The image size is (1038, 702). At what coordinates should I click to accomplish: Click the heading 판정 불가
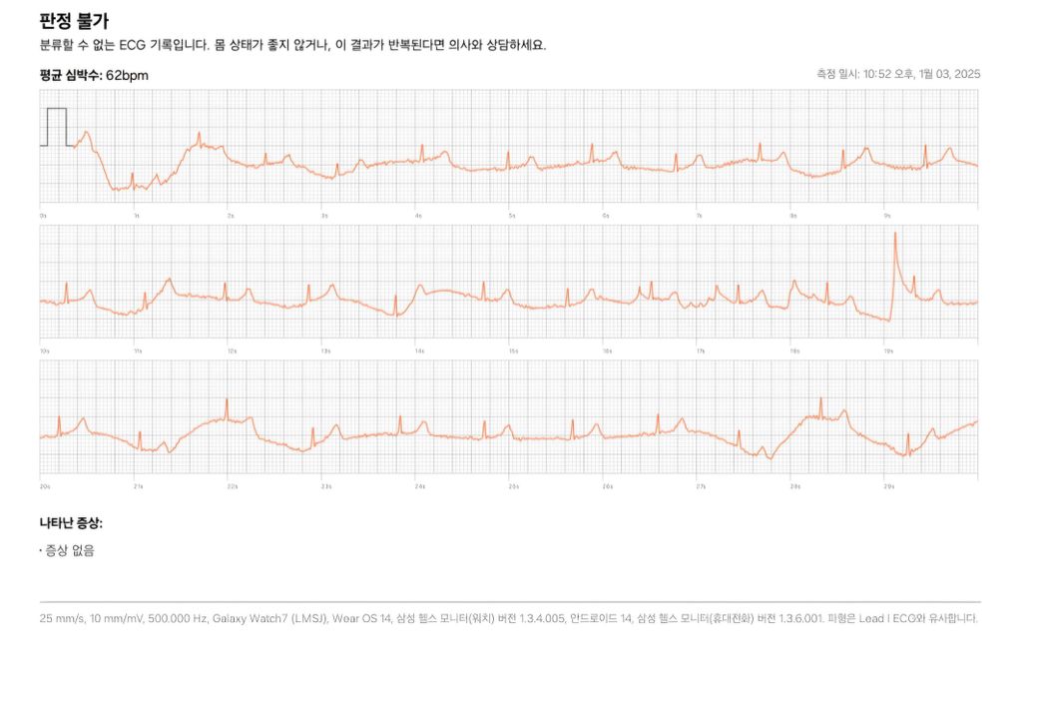click(x=74, y=20)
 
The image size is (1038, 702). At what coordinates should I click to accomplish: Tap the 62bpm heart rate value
click(x=127, y=75)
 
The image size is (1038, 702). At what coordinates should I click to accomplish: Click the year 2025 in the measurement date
click(x=967, y=74)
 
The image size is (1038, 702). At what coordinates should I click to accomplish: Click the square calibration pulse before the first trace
click(x=56, y=126)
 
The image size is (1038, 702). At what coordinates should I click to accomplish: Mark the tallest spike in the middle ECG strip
click(x=895, y=235)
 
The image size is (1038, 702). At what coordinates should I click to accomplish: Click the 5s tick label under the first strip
click(x=512, y=215)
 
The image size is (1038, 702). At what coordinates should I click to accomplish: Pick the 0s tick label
click(x=43, y=215)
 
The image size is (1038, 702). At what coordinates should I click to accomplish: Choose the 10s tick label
click(x=45, y=351)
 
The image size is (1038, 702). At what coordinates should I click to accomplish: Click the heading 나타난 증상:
click(x=71, y=522)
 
